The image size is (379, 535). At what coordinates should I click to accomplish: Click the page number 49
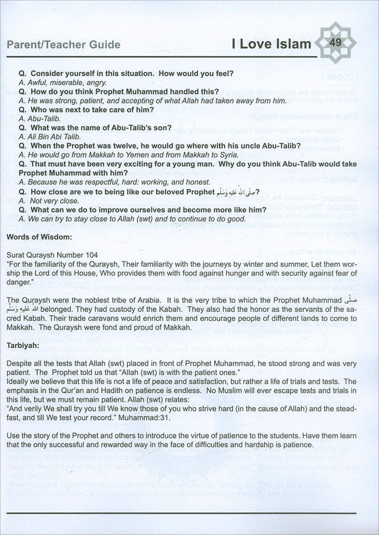tap(336, 43)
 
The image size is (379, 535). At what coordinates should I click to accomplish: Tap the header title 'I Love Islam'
tap(270, 45)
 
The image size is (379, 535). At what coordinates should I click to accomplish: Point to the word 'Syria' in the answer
tap(226, 155)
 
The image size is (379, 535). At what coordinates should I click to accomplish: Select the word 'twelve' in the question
tap(130, 146)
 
